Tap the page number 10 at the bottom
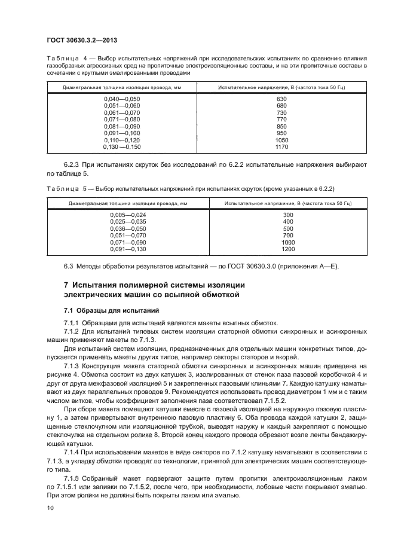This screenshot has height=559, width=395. point(50,508)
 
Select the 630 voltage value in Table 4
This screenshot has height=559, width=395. point(282,99)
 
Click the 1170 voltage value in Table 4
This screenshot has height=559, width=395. point(282,146)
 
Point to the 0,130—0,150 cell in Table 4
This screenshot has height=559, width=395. point(121,146)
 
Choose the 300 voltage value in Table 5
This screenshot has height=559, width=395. point(288,215)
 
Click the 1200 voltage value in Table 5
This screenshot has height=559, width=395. point(288,249)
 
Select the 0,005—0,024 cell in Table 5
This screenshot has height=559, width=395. point(127,215)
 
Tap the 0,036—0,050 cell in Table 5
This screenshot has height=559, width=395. point(127,228)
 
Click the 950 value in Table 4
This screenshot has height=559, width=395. point(282,133)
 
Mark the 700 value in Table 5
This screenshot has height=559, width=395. point(288,235)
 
